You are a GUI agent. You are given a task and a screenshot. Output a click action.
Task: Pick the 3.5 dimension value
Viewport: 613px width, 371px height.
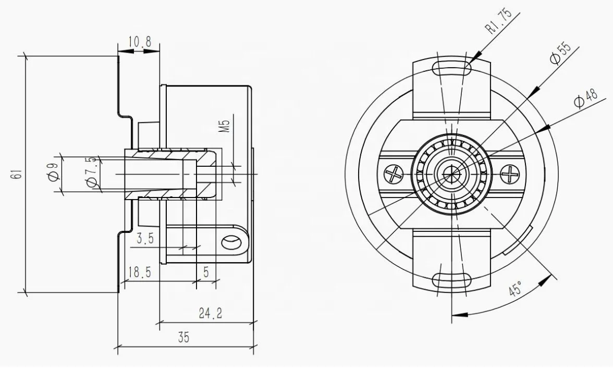click(x=144, y=239)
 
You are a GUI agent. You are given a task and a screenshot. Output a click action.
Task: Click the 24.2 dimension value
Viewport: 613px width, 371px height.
click(x=210, y=313)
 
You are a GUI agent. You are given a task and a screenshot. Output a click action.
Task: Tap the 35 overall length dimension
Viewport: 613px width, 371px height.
click(x=183, y=338)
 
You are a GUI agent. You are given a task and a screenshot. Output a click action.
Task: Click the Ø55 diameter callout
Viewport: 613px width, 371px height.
click(x=560, y=53)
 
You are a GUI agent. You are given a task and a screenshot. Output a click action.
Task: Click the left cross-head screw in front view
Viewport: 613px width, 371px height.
click(x=394, y=173)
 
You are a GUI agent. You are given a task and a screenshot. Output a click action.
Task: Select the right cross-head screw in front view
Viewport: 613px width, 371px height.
click(x=510, y=173)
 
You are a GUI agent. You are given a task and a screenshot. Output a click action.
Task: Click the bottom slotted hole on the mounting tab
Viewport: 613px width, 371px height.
click(x=451, y=280)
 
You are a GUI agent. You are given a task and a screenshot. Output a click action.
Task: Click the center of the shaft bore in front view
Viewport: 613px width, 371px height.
click(x=451, y=172)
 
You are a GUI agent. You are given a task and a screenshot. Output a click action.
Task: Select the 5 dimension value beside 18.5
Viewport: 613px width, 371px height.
click(x=206, y=273)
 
